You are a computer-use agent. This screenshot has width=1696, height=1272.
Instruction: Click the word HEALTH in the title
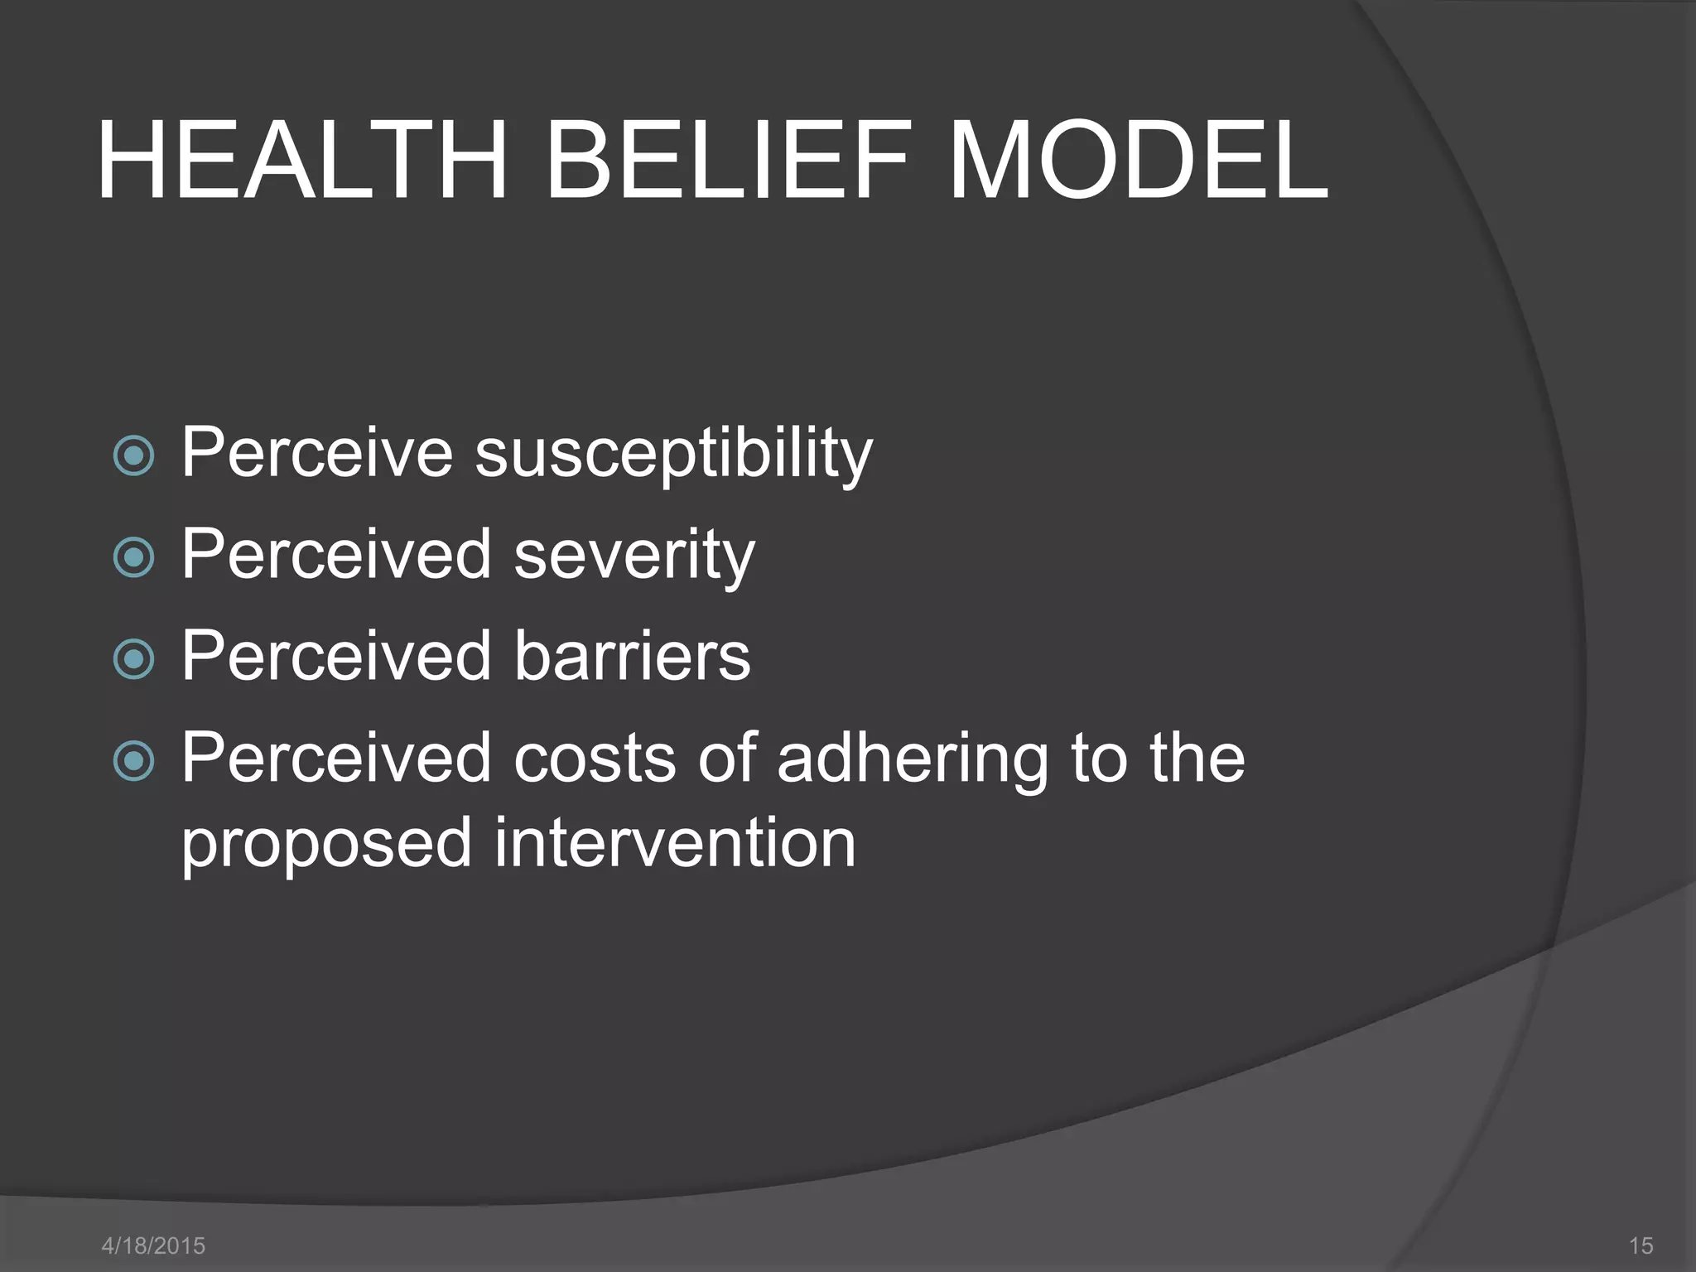click(302, 161)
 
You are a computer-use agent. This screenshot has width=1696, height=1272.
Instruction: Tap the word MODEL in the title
click(1138, 161)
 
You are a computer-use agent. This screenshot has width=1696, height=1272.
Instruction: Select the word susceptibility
click(673, 454)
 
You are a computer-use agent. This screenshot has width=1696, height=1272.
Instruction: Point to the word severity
click(634, 555)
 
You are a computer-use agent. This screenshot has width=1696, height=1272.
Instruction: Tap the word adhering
click(913, 759)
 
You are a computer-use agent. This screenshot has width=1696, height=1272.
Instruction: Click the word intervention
click(675, 842)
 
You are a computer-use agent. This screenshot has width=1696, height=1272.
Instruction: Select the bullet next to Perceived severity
click(133, 557)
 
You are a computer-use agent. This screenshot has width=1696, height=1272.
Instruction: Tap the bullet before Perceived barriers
click(133, 659)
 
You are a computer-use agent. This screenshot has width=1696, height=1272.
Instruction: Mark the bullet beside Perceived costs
click(133, 760)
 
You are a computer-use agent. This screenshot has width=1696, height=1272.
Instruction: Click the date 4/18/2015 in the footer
click(153, 1245)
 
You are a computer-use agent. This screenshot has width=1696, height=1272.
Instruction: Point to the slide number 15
click(1641, 1245)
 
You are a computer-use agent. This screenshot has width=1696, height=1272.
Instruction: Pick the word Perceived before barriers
click(336, 655)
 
